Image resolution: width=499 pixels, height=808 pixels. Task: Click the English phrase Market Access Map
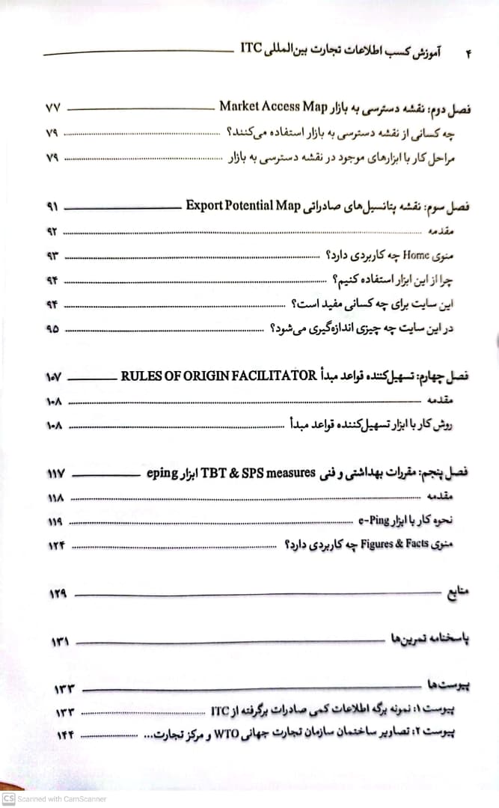(274, 106)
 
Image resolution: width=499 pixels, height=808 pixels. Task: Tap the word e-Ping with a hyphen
(379, 521)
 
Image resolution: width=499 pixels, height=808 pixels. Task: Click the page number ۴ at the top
(471, 53)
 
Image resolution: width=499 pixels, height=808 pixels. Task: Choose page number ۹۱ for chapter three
(52, 206)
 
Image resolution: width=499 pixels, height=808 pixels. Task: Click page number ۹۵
(52, 328)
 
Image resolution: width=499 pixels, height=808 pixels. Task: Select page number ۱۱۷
(56, 474)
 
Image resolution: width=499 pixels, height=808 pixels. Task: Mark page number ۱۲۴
(57, 545)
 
